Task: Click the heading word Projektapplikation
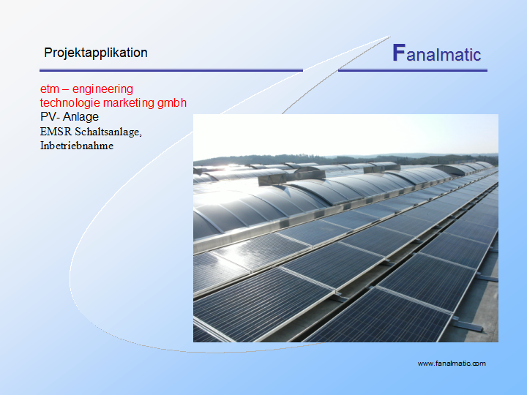(x=96, y=53)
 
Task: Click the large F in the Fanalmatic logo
(x=399, y=53)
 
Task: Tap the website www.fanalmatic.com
(x=452, y=364)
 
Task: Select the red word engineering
(x=102, y=89)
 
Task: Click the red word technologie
(x=70, y=103)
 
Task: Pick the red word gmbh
(x=172, y=103)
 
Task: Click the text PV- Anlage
(x=70, y=116)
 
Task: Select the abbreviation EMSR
(x=56, y=132)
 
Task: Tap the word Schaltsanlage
(x=108, y=132)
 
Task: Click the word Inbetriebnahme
(x=77, y=146)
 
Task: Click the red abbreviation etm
(x=50, y=89)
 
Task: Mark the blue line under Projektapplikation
(x=171, y=70)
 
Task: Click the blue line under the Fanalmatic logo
(x=412, y=70)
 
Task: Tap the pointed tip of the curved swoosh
(x=390, y=37)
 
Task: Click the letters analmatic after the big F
(x=444, y=55)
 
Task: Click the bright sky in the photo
(x=345, y=135)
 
